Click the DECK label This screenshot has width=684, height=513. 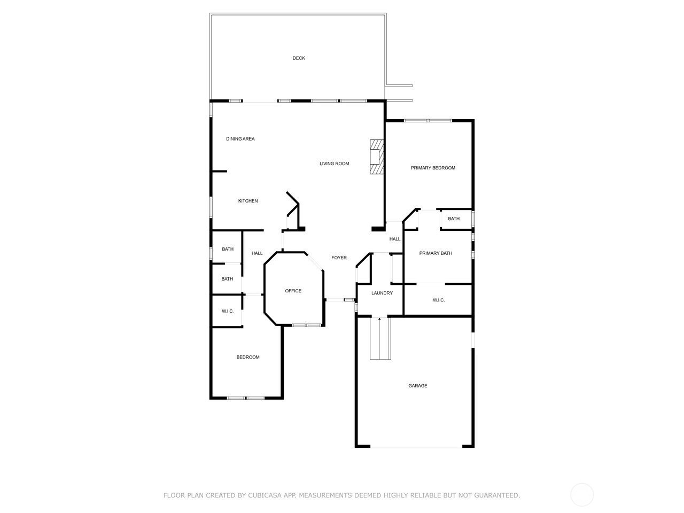click(x=299, y=58)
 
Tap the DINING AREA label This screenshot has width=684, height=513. click(x=240, y=138)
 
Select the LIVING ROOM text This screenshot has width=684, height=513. click(x=334, y=164)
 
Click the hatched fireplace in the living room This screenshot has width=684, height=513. click(x=376, y=157)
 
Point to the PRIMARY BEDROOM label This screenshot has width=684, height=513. click(x=433, y=168)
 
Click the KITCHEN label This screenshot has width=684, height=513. click(x=248, y=201)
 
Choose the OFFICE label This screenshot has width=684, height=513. click(x=293, y=291)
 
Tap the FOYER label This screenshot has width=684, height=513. click(x=339, y=258)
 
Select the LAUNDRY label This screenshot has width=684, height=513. click(x=382, y=293)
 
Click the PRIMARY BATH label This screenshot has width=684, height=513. click(x=436, y=253)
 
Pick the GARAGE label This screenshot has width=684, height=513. click(x=417, y=386)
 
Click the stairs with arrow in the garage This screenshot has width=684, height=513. click(x=380, y=338)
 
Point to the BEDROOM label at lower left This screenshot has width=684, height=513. click(x=248, y=357)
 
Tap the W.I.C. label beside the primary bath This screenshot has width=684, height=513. click(x=438, y=300)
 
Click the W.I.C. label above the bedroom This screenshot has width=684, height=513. click(x=228, y=311)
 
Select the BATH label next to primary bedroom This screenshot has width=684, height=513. click(x=453, y=219)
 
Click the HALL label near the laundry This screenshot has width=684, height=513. click(x=394, y=239)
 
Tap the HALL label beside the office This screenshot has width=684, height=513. click(x=257, y=253)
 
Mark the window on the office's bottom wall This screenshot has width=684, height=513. click(x=307, y=325)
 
